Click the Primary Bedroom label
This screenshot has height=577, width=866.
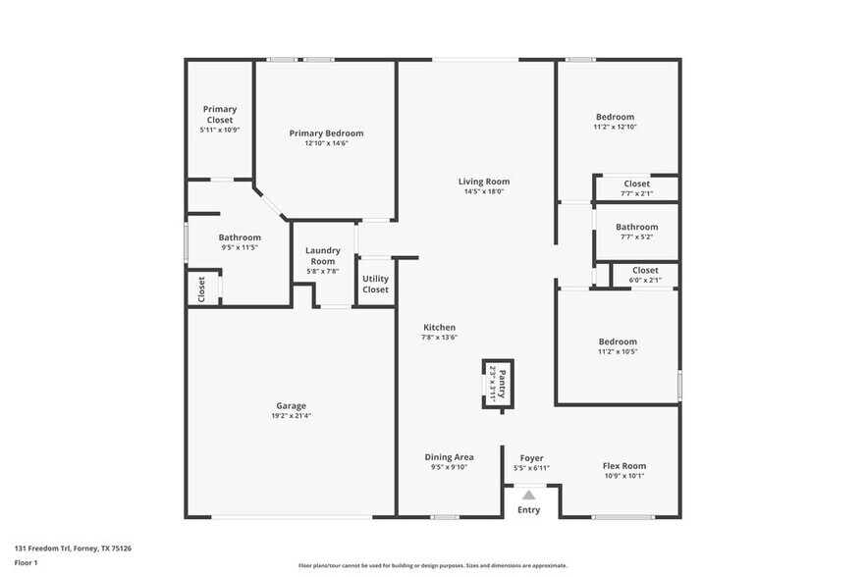[x=326, y=133]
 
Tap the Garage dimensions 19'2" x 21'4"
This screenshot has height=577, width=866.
[x=291, y=416]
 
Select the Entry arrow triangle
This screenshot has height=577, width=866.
[x=529, y=495]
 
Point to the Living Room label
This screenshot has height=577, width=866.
[x=484, y=182]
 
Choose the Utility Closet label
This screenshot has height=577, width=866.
[x=375, y=285]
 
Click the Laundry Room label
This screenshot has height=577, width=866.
[x=322, y=256]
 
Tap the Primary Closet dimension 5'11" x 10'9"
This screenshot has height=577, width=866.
[x=220, y=130]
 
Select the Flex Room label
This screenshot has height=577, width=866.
[x=623, y=466]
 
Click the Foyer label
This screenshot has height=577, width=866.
[x=531, y=457]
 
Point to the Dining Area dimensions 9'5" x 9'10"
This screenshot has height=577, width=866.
[x=450, y=468]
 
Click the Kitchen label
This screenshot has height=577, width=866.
[x=439, y=328]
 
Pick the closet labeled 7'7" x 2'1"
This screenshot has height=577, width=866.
[x=636, y=187]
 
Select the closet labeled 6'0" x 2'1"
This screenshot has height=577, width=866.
[x=645, y=275]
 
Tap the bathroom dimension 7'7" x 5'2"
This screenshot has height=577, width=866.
[x=636, y=236]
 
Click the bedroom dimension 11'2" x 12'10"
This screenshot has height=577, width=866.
[x=616, y=127]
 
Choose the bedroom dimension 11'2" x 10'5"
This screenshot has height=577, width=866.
[x=618, y=351]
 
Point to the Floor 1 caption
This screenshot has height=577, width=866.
[x=27, y=562]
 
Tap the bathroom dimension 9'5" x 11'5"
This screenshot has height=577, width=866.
[x=240, y=247]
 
